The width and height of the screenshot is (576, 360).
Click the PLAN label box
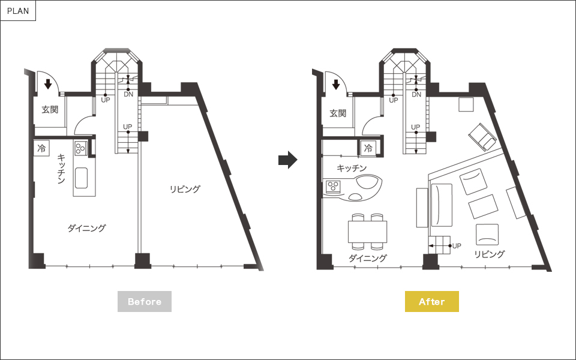[18, 11]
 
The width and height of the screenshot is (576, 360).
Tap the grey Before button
[145, 301]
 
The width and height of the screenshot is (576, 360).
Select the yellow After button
[431, 301]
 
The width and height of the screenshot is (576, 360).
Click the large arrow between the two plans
[287, 160]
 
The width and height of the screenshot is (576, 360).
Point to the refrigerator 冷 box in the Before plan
[41, 148]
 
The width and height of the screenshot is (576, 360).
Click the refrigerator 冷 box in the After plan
[368, 148]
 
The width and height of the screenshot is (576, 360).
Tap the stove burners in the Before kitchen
[80, 148]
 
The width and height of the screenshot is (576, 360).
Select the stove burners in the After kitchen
[334, 186]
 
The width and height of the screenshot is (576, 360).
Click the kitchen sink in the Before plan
[81, 178]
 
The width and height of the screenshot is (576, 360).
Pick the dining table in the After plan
[367, 232]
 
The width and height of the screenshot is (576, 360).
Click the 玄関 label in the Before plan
[50, 109]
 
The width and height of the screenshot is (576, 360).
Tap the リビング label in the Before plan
[185, 189]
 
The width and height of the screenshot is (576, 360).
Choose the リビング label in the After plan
[490, 254]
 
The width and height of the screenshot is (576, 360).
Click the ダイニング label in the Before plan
[86, 228]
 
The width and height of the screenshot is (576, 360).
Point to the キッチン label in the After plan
[352, 168]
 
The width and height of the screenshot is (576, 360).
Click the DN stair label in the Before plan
[128, 94]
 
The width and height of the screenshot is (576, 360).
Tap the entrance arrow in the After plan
[336, 85]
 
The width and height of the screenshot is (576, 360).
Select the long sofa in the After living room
[442, 205]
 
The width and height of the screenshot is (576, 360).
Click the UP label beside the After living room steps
[457, 246]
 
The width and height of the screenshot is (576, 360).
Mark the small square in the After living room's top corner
[466, 104]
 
